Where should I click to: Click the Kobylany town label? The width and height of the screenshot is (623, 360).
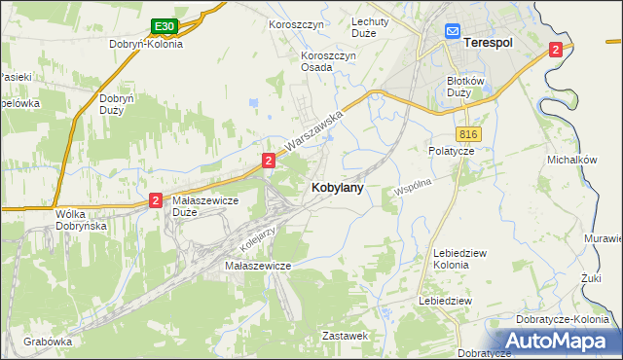pyautogui.click(x=338, y=188)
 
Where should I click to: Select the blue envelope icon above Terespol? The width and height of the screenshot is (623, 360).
pyautogui.click(x=453, y=31)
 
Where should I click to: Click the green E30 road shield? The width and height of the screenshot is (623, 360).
pyautogui.click(x=164, y=26)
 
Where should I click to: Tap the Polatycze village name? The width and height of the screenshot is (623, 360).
pyautogui.click(x=451, y=151)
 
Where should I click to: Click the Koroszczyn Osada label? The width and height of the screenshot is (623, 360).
pyautogui.click(x=330, y=61)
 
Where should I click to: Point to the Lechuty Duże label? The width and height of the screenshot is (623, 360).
pyautogui.click(x=370, y=26)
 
